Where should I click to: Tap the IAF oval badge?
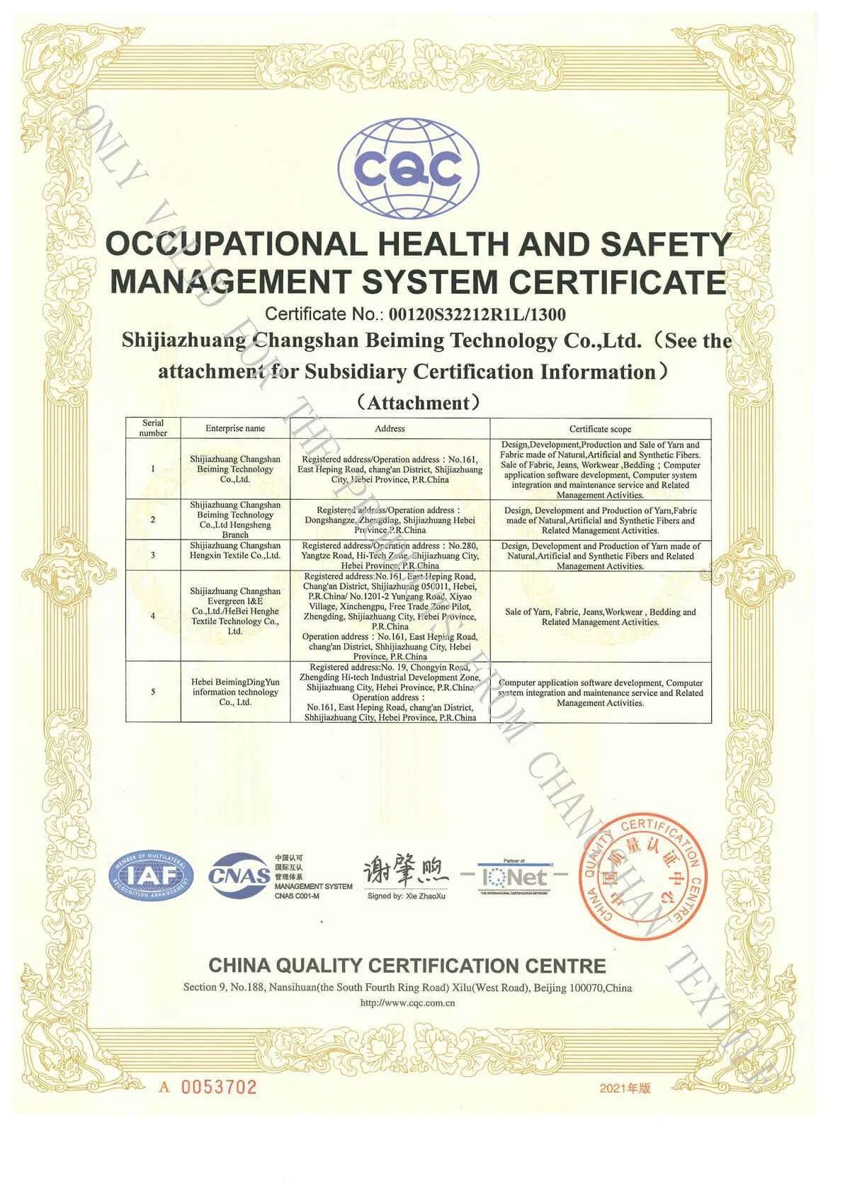[x=151, y=876]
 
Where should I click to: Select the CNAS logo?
[x=239, y=875]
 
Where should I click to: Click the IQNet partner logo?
[x=514, y=877]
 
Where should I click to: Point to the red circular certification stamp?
[x=642, y=875]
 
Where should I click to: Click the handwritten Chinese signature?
[x=406, y=872]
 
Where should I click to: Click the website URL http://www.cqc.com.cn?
[x=407, y=1002]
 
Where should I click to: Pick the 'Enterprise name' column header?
[x=235, y=428]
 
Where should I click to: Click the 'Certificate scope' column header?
[x=600, y=429]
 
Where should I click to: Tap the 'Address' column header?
[x=390, y=428]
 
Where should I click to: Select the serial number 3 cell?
[x=153, y=555]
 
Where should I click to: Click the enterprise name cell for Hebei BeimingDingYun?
[x=235, y=692]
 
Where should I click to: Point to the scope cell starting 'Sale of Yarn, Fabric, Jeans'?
[x=600, y=617]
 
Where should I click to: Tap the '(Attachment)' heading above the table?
[x=418, y=403]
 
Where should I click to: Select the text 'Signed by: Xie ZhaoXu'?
[x=407, y=896]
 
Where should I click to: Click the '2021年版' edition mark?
[x=625, y=1088]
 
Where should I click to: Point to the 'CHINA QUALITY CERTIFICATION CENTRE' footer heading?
[x=407, y=966]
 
